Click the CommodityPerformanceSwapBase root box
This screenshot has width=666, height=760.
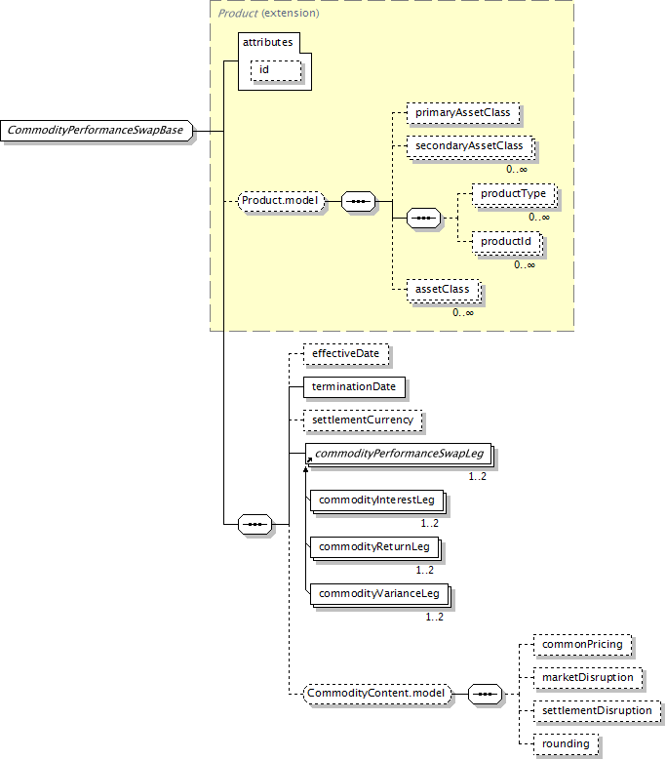tap(97, 131)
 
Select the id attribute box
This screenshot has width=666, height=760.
tap(276, 70)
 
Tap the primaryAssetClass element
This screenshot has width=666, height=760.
tap(463, 112)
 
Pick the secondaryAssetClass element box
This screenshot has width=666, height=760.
tap(470, 146)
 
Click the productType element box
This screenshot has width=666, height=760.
tap(514, 194)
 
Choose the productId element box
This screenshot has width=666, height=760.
tap(507, 242)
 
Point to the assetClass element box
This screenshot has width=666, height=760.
tap(444, 290)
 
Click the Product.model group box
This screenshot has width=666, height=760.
tap(281, 201)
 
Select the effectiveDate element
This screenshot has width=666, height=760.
tap(346, 354)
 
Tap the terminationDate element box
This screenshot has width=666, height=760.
tap(355, 387)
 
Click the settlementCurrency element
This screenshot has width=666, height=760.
tap(363, 420)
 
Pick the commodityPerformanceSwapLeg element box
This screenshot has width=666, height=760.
tap(399, 455)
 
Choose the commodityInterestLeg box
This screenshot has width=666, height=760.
tap(377, 500)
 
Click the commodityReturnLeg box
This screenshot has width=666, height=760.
tap(374, 547)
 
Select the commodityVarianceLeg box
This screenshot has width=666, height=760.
tap(379, 594)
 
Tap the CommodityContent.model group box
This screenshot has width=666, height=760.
tap(376, 694)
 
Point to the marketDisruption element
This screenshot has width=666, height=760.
tap(588, 678)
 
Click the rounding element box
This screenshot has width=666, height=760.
tap(566, 744)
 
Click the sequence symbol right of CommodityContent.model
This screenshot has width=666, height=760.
tap(485, 694)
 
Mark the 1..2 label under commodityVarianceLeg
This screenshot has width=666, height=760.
tap(435, 617)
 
